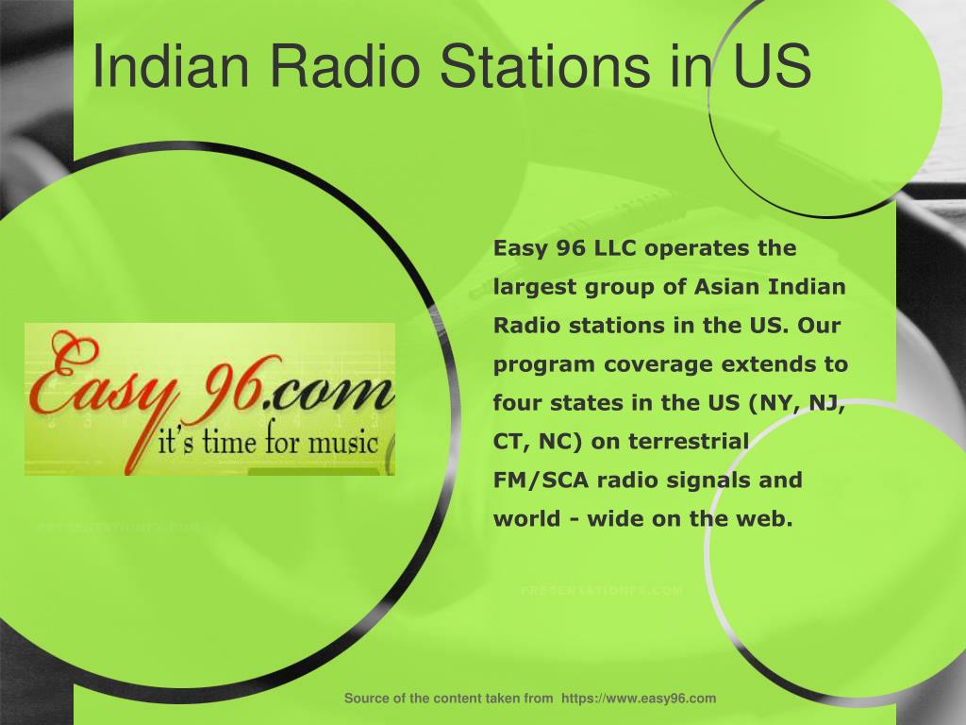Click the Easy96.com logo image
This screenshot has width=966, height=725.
point(209,398)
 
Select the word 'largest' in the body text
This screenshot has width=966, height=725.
point(531,287)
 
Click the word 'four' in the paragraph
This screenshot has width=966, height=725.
point(515,403)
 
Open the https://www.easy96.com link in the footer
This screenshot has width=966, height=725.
point(639,699)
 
